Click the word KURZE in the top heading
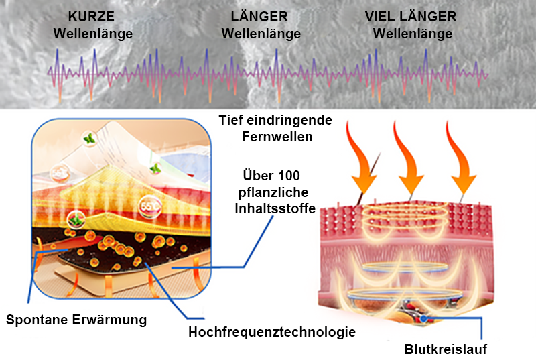point(92,17)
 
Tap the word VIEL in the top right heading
point(380,17)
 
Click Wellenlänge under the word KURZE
point(92,33)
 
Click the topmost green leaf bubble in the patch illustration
point(88,139)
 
